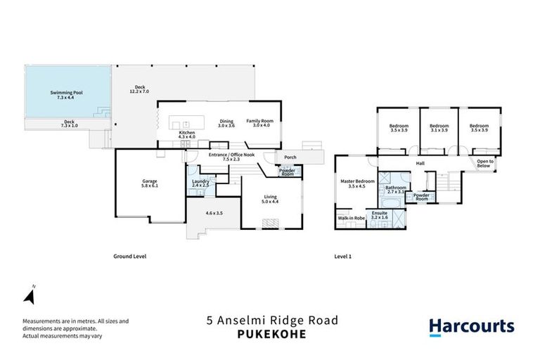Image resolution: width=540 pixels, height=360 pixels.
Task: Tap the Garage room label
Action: pos(149,181)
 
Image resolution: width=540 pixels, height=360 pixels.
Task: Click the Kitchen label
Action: pos(186,132)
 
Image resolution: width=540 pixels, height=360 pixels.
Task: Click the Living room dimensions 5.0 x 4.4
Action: pos(271,202)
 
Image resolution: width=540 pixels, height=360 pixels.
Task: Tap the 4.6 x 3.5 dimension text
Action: pos(214,212)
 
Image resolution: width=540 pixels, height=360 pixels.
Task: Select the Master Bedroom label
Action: pos(358,181)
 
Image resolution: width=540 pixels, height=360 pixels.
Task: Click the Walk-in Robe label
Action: pos(350,218)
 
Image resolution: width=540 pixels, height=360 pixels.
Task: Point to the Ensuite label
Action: pos(380,212)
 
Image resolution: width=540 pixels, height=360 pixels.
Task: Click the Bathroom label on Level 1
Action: pos(395,188)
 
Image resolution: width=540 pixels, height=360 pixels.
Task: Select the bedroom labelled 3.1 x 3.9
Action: pos(439,127)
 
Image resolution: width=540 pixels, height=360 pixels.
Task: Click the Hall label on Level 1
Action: pos(420,163)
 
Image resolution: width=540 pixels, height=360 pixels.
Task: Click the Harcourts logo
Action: pos(471,326)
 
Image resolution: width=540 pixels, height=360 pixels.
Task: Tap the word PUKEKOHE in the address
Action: pos(271,334)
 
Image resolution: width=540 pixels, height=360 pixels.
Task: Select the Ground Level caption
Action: pos(129,257)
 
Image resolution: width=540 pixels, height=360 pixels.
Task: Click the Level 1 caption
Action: pos(342,257)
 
